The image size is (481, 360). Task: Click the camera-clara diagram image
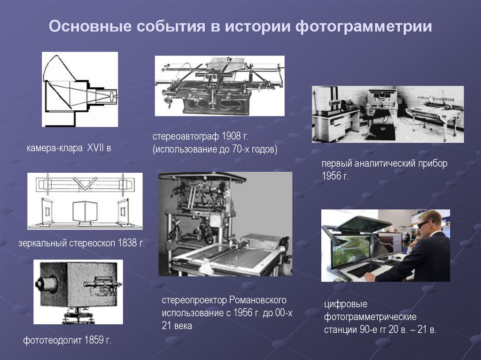(80, 89)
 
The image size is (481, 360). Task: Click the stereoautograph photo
(219, 85)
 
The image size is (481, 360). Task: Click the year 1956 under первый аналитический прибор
(331, 176)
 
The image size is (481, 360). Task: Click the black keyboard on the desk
(364, 269)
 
